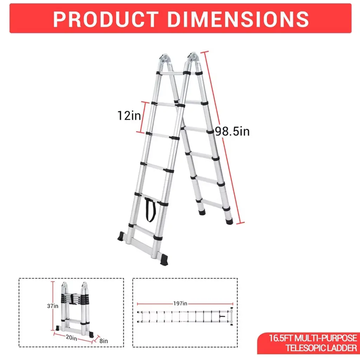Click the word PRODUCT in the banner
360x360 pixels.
(x=106, y=19)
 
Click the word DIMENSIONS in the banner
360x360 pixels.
(x=238, y=19)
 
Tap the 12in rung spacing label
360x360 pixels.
(x=129, y=115)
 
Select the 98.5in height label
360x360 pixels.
(x=232, y=131)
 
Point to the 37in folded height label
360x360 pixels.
(x=53, y=306)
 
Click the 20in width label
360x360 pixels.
(x=71, y=338)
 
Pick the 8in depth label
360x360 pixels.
(x=104, y=341)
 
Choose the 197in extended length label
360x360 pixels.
(x=180, y=303)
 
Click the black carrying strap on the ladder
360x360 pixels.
(x=150, y=210)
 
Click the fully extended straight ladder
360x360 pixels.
(x=185, y=317)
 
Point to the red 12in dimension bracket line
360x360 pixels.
(x=143, y=117)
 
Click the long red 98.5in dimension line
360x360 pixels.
(x=222, y=137)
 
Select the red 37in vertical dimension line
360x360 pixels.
(x=53, y=306)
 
